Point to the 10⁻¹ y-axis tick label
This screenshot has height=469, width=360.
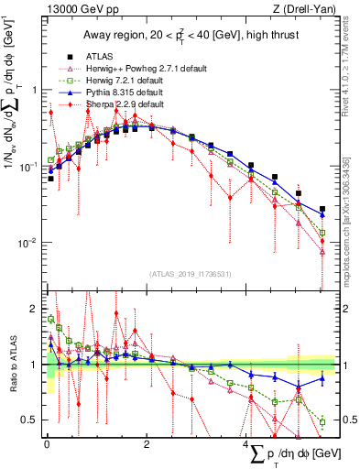pyautogui.click(x=29, y=167)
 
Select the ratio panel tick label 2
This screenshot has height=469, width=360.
pyautogui.click(x=35, y=310)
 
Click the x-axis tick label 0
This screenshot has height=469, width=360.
pyautogui.click(x=47, y=444)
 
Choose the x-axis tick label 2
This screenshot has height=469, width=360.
pyautogui.click(x=147, y=444)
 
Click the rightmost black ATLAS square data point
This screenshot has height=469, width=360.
pyautogui.click(x=322, y=210)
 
